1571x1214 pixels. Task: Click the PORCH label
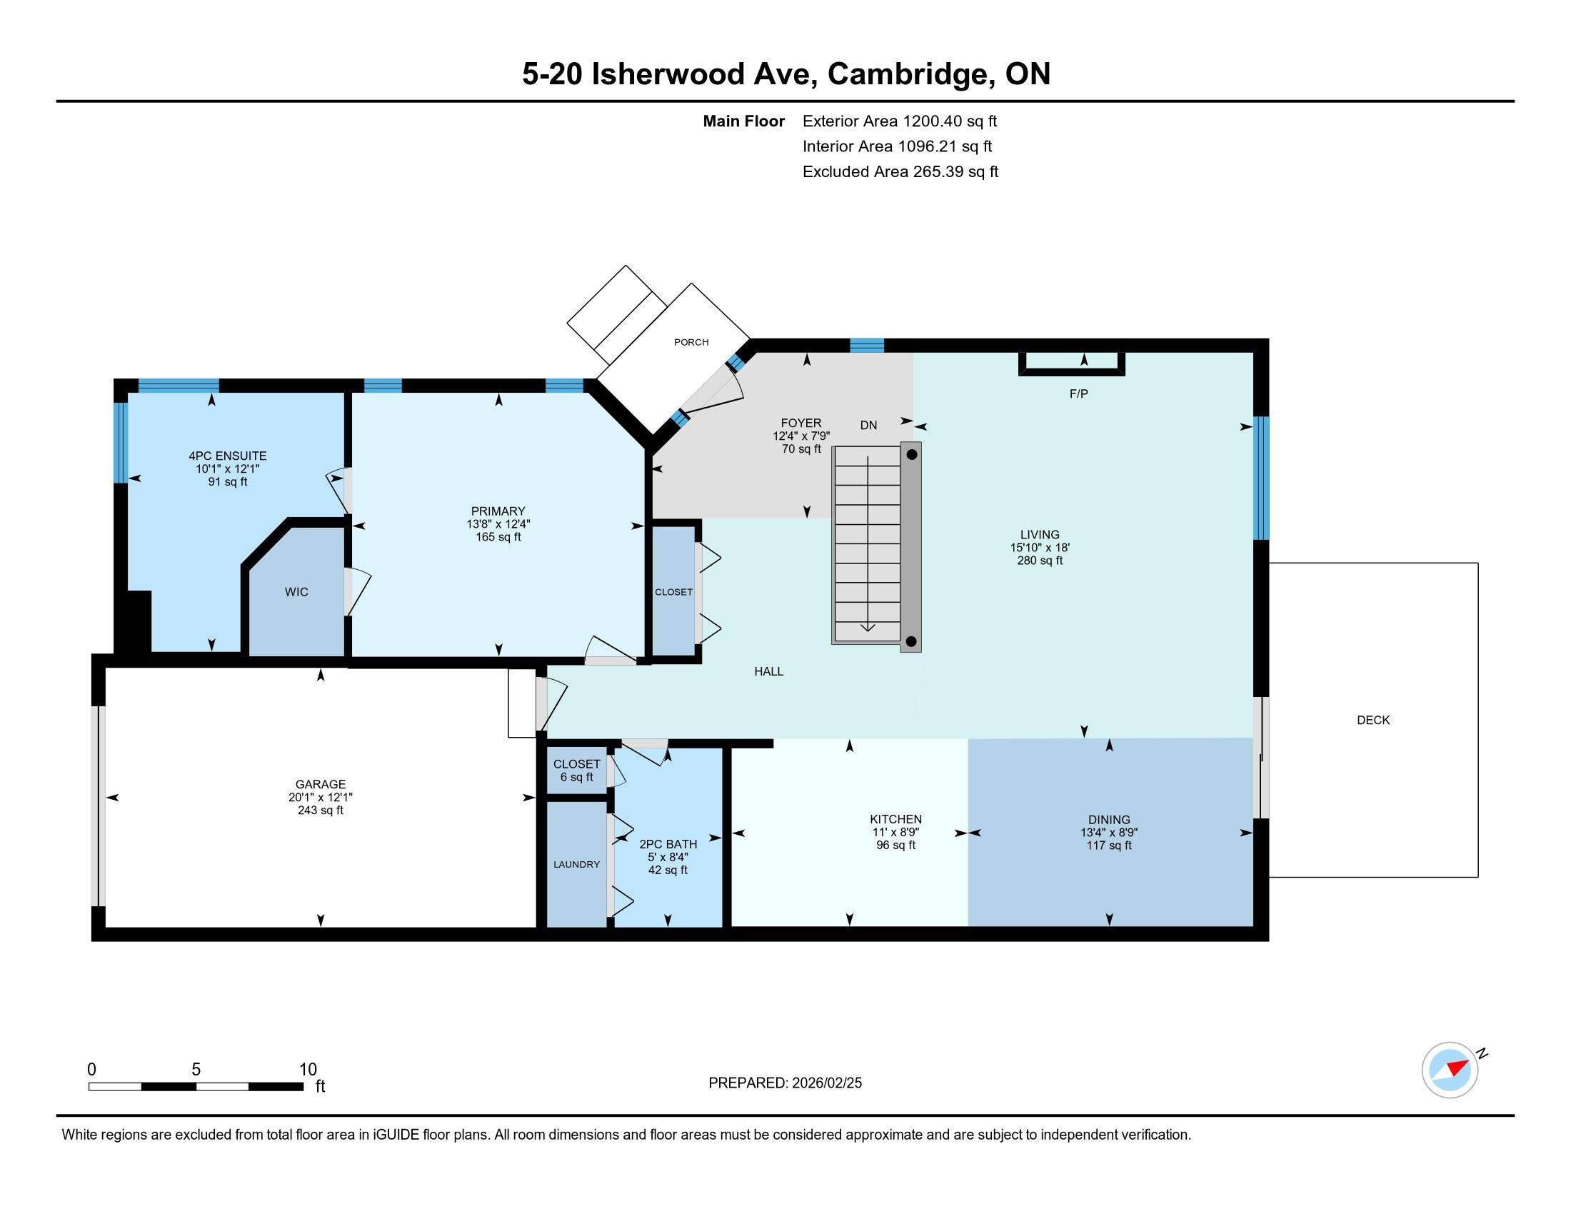tap(691, 342)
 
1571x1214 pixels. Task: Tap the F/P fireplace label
tap(1078, 393)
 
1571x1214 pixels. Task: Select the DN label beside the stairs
tap(868, 425)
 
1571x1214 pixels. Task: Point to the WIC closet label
tap(296, 592)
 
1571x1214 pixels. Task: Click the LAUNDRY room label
tap(576, 865)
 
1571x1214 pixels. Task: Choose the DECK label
tap(1373, 720)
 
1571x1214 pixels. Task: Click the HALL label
tap(768, 671)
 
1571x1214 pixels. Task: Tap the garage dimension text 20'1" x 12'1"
tap(321, 797)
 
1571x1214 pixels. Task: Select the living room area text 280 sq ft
tap(1040, 561)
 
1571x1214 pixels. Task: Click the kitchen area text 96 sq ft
tap(895, 845)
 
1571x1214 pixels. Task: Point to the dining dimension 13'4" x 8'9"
tap(1108, 833)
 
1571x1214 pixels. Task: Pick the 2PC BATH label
tap(668, 844)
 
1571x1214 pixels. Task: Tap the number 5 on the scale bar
tap(196, 1070)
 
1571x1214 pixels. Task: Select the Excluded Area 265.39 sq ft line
tap(900, 172)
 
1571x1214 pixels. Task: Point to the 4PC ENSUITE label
tap(227, 456)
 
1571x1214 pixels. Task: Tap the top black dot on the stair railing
tap(911, 454)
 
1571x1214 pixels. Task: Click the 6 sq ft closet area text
tap(577, 777)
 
